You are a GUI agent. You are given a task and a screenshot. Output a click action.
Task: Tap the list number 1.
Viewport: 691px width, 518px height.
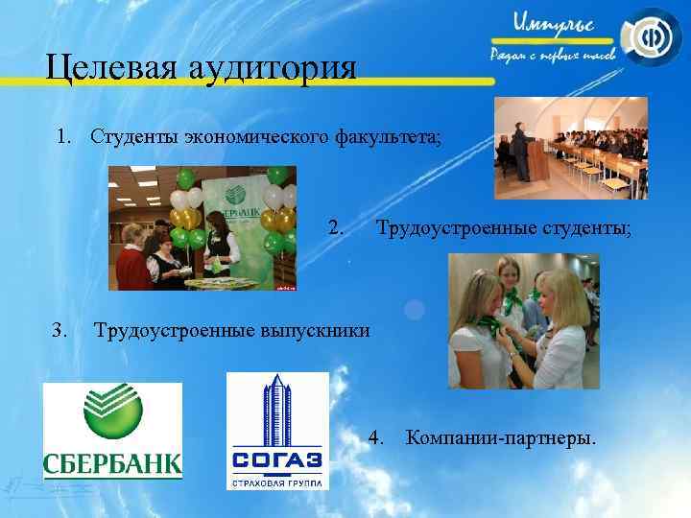[64, 137]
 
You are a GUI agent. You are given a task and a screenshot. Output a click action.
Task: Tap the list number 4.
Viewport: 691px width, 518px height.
[376, 439]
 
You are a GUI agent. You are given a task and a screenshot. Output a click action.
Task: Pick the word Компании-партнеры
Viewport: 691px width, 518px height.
[500, 439]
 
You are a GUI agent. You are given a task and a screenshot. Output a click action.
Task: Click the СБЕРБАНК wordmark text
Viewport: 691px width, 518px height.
[112, 465]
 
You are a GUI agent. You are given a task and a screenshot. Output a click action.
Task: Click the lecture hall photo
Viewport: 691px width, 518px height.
[570, 148]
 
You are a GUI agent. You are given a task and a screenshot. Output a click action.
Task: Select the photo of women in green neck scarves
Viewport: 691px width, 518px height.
[524, 320]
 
